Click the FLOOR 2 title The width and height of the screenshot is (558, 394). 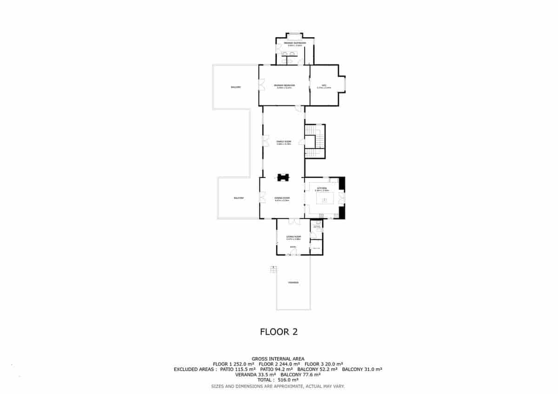point(278,332)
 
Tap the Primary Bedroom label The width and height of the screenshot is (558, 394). point(285,86)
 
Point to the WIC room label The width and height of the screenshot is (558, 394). point(324,86)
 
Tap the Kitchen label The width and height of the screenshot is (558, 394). point(322,189)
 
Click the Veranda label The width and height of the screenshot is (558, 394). point(293,282)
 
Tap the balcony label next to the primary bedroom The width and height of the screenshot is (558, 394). point(236,87)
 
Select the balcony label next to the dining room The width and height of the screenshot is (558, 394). point(239,198)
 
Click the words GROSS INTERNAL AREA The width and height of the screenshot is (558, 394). point(278,359)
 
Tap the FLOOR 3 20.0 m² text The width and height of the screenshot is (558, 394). point(324,364)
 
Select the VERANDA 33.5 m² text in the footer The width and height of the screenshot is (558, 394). point(256,374)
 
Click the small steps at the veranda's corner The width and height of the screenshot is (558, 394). point(273,269)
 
